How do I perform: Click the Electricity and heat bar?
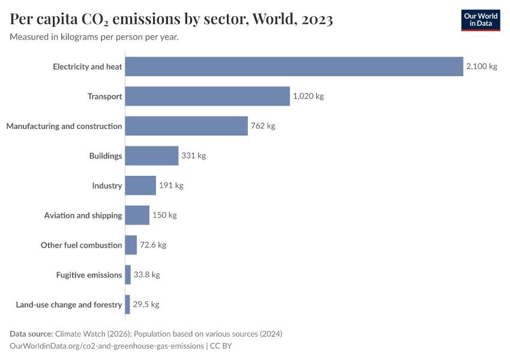(294, 67)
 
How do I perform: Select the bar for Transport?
(208, 96)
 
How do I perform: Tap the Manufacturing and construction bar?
(187, 126)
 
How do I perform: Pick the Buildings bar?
(152, 155)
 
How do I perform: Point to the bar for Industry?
(140, 185)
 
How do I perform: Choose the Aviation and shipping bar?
(137, 215)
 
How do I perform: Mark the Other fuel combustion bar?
(131, 245)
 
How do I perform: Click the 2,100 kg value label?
(481, 67)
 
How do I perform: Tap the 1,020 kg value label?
(308, 96)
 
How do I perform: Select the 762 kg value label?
(263, 126)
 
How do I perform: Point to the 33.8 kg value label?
(146, 275)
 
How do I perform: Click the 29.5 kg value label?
(146, 304)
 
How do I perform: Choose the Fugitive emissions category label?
(89, 275)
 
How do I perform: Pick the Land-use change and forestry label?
(69, 305)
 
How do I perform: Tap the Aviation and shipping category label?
(83, 215)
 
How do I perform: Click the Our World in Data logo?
(480, 20)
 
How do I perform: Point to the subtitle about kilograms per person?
(94, 37)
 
